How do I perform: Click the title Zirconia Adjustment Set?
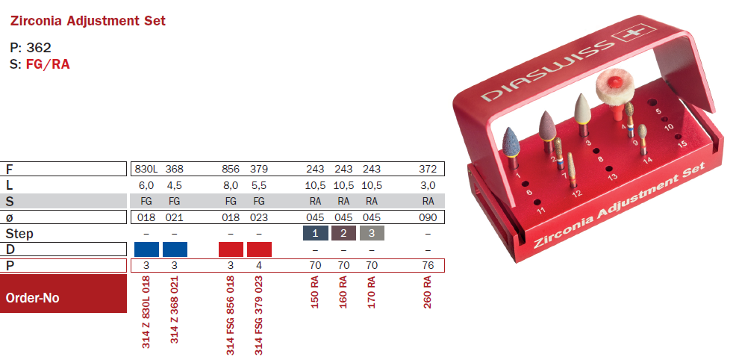pyautogui.click(x=87, y=21)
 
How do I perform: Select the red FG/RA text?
pyautogui.click(x=48, y=64)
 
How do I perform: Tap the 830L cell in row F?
pyautogui.click(x=146, y=169)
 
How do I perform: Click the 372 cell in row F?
pyautogui.click(x=428, y=169)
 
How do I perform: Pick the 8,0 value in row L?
pyautogui.click(x=231, y=185)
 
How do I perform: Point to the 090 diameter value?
pyautogui.click(x=428, y=217)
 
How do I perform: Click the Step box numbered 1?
pyautogui.click(x=315, y=233)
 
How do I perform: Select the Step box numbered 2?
pyautogui.click(x=343, y=233)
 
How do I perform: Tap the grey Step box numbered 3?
pyautogui.click(x=372, y=233)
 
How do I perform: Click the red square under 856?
pyautogui.click(x=231, y=249)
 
